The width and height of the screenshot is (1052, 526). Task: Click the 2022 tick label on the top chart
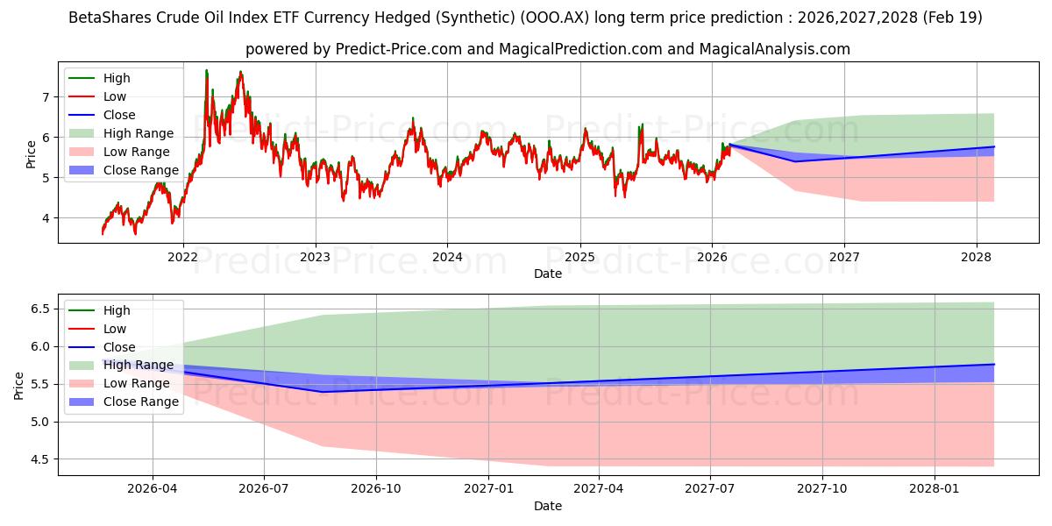(x=182, y=257)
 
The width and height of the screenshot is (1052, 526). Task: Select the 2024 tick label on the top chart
(x=447, y=257)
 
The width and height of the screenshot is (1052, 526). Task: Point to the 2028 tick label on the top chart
(x=977, y=257)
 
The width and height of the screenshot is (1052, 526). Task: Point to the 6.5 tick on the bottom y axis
(x=40, y=309)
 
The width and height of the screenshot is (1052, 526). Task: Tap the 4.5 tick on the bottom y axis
(x=40, y=459)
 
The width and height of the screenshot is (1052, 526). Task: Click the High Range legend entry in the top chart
(x=139, y=133)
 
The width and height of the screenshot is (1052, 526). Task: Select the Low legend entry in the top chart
(x=115, y=96)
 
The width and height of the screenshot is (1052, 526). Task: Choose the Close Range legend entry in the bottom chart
(x=141, y=402)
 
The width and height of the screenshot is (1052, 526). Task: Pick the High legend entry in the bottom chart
(x=117, y=310)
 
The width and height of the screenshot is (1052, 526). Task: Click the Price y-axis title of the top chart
(x=31, y=154)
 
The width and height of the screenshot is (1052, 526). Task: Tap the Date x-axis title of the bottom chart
(x=548, y=506)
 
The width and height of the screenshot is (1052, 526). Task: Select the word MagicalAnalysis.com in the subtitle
(x=774, y=49)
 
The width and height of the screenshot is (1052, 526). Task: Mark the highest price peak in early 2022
(x=207, y=70)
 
